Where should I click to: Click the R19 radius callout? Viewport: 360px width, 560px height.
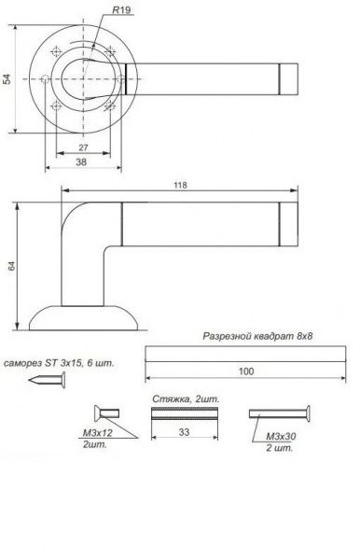click(x=121, y=10)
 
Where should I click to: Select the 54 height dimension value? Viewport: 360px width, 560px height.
click(x=7, y=79)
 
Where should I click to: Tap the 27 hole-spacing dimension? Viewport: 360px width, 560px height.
click(x=83, y=147)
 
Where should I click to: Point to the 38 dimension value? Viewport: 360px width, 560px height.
click(x=81, y=161)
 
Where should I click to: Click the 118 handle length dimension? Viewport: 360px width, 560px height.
click(x=180, y=185)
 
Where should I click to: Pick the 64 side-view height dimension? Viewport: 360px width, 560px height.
click(x=12, y=266)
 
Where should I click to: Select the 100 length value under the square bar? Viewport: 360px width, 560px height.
click(x=246, y=371)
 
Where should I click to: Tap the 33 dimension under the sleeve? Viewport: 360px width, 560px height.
click(x=184, y=432)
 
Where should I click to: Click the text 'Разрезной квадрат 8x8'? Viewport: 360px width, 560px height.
click(x=257, y=336)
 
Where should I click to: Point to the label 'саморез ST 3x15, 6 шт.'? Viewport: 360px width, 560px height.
click(x=59, y=364)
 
